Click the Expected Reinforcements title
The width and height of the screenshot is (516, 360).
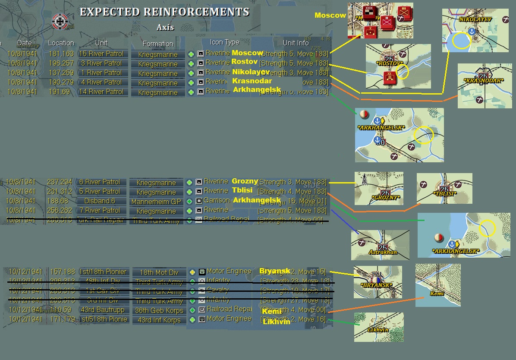click(164, 12)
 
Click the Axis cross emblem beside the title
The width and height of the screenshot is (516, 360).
click(59, 21)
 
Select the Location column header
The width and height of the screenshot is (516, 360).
click(61, 43)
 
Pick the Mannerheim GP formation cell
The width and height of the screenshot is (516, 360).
click(156, 202)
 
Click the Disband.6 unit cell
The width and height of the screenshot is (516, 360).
click(102, 201)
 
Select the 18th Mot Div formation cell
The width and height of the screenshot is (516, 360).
click(159, 272)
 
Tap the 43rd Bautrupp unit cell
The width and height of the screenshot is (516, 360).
click(102, 309)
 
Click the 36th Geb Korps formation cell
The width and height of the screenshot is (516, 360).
click(159, 310)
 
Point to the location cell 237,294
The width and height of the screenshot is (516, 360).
click(60, 182)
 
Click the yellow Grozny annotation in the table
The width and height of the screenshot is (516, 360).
click(245, 181)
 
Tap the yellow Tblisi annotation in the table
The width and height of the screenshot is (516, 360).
click(242, 190)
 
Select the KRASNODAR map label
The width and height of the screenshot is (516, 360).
click(483, 81)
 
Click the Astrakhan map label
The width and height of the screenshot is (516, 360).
click(383, 252)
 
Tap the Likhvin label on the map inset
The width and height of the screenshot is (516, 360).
click(378, 330)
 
